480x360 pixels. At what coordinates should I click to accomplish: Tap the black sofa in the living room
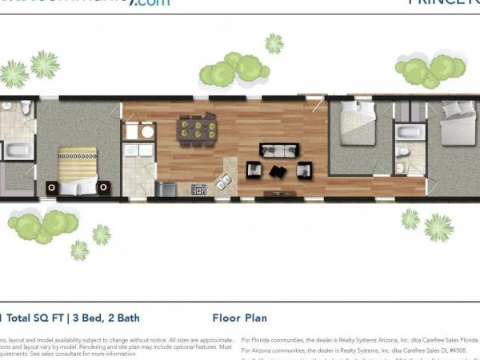[278, 150]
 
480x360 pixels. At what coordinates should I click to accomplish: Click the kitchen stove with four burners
[198, 190]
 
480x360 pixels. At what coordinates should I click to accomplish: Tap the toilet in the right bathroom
[402, 151]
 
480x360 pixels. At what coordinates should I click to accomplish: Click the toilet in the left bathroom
[26, 106]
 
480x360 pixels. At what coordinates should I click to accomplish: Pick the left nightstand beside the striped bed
[52, 187]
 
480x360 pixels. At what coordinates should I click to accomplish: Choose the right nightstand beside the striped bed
[103, 187]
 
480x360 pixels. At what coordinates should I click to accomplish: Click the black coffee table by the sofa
[278, 170]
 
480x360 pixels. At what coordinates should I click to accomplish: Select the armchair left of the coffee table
[254, 170]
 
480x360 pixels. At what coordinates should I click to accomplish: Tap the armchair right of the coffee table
[304, 170]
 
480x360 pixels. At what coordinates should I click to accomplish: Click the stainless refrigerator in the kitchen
[166, 189]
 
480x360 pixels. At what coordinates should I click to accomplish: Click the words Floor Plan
[239, 318]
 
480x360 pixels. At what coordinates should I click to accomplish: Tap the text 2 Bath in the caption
[120, 318]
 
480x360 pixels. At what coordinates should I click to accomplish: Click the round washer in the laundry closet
[133, 132]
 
